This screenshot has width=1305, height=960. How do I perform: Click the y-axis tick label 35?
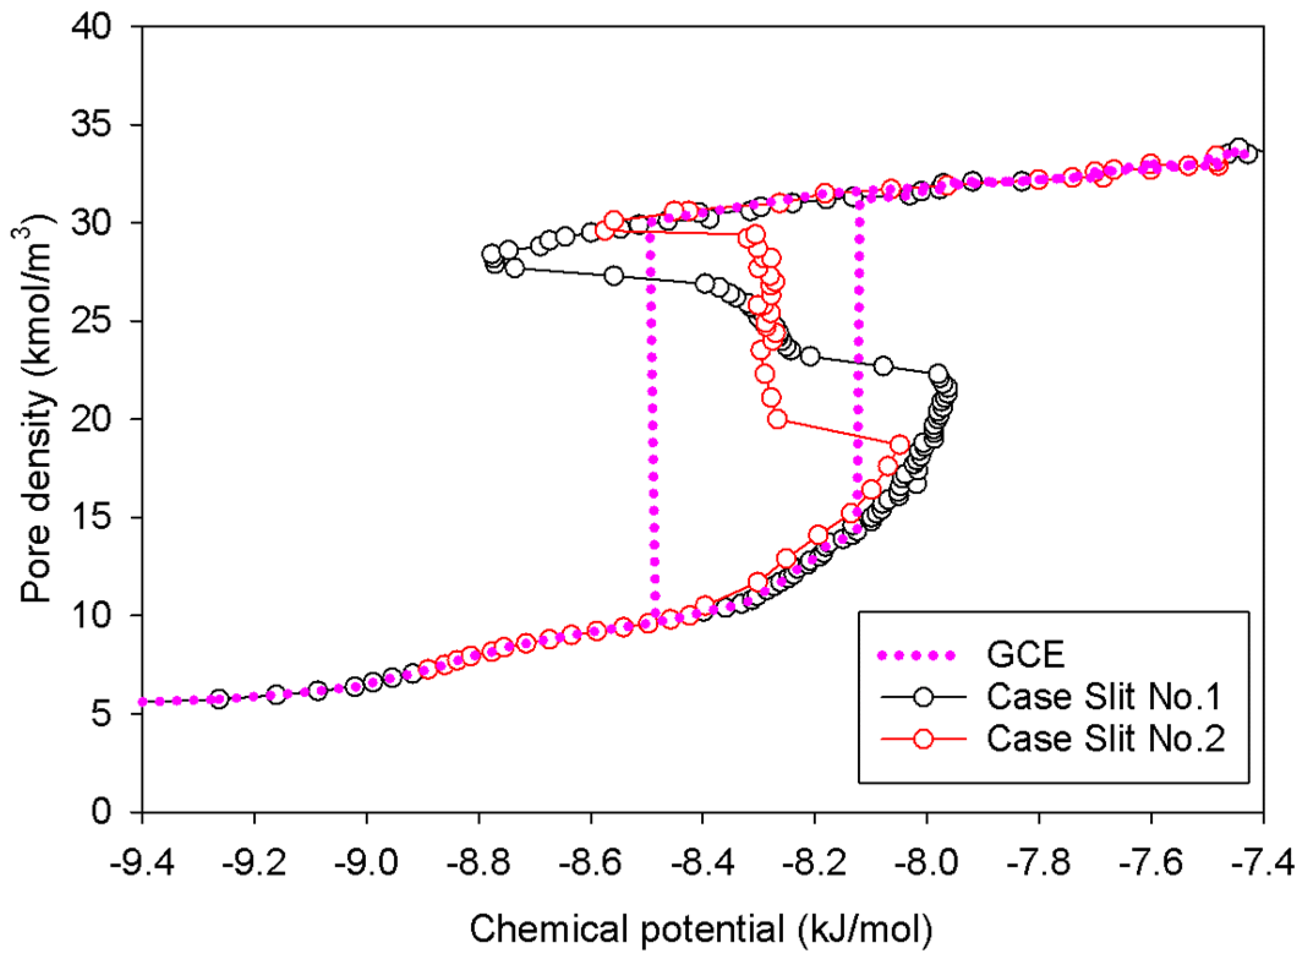pyautogui.click(x=91, y=124)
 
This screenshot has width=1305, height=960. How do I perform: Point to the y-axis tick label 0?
pyautogui.click(x=102, y=811)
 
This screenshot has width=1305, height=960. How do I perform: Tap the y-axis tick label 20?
pyautogui.click(x=91, y=419)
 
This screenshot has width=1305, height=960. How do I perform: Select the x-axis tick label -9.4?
pyautogui.click(x=141, y=863)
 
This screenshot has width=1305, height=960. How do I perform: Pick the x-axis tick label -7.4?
pyautogui.click(x=1263, y=863)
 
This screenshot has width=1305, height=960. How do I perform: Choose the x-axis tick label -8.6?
pyautogui.click(x=590, y=863)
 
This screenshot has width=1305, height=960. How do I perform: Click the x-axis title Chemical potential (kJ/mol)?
pyautogui.click(x=701, y=929)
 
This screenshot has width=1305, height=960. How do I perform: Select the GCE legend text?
pyautogui.click(x=1025, y=655)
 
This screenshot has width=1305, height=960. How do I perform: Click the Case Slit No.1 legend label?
pyautogui.click(x=1104, y=697)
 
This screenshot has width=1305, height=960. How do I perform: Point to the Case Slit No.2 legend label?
pyautogui.click(x=1105, y=739)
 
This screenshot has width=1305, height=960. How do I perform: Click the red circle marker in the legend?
pyautogui.click(x=923, y=739)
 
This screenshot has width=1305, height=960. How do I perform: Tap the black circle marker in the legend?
pyautogui.click(x=923, y=697)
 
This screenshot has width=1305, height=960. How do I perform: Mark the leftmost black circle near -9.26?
pyautogui.click(x=219, y=699)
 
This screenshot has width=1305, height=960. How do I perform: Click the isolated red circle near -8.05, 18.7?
pyautogui.click(x=899, y=445)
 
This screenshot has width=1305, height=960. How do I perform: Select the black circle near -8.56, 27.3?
pyautogui.click(x=614, y=276)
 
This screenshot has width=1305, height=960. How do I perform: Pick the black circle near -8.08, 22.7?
pyautogui.click(x=883, y=366)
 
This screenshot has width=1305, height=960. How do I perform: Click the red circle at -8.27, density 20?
pyautogui.click(x=777, y=419)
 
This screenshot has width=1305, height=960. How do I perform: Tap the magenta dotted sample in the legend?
pyautogui.click(x=916, y=656)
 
